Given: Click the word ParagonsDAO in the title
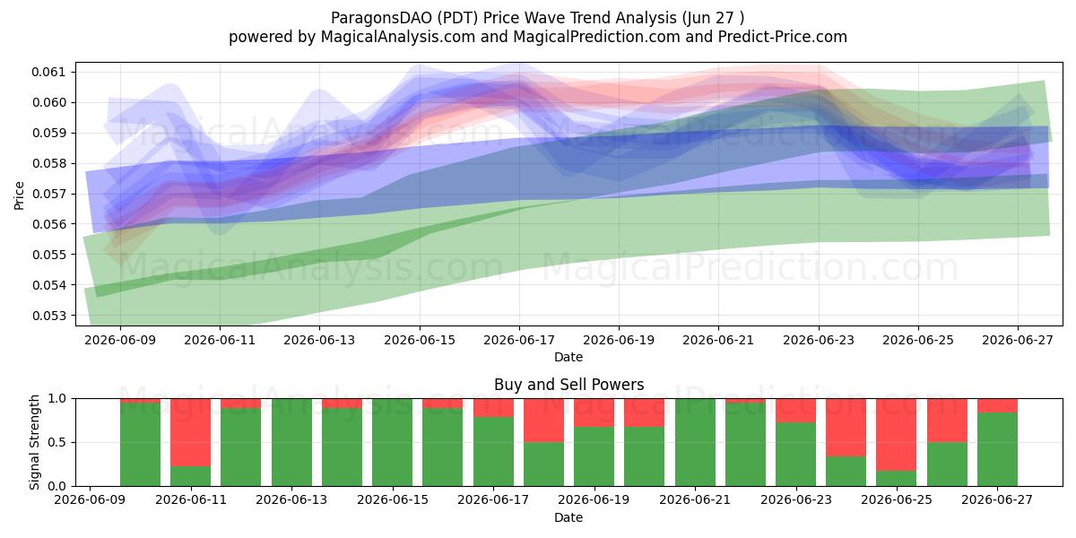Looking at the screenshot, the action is (x=380, y=18).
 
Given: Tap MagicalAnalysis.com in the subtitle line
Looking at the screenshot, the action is (x=398, y=37).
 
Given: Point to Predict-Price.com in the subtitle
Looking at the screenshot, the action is (x=783, y=37).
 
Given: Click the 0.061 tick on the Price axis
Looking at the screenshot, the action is (x=48, y=72).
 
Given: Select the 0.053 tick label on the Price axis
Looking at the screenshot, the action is (x=48, y=316).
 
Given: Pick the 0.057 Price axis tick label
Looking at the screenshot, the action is (x=48, y=194).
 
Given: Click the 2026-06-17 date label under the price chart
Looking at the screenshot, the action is (x=519, y=340).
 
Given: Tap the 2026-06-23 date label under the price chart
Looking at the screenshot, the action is (x=819, y=340).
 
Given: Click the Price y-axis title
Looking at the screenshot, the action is (x=19, y=195).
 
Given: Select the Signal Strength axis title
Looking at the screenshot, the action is (x=34, y=442).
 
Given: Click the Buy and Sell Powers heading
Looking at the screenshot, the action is (x=568, y=385).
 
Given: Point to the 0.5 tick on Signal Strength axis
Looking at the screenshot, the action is (x=56, y=442).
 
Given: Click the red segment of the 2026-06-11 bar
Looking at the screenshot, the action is (x=191, y=432).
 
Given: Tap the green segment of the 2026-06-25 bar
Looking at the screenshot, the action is (x=897, y=479).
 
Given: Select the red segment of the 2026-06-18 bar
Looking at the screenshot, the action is (x=543, y=421).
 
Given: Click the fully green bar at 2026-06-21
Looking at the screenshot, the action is (x=695, y=442).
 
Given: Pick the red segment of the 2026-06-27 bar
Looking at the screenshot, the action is (x=997, y=405).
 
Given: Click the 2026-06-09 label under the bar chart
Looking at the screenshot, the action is (x=90, y=500).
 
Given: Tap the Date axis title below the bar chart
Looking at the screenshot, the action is (x=568, y=517).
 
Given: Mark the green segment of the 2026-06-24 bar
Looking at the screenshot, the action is (x=846, y=472).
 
